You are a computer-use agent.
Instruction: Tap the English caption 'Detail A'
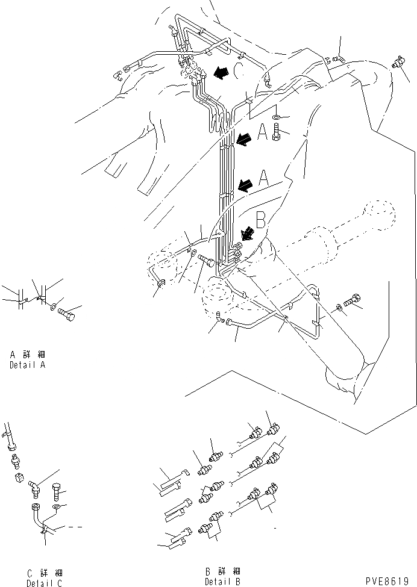pos(27,365)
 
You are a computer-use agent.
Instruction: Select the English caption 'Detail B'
pos(222,582)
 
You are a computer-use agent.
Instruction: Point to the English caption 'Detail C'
pos(44,582)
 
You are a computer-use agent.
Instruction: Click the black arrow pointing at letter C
pos(219,73)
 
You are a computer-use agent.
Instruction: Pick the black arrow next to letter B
pos(247,234)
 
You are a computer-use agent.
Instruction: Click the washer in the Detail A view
pos(55,307)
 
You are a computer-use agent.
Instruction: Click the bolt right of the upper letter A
pos(276,131)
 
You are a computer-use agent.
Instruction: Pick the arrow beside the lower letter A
pos(246,185)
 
